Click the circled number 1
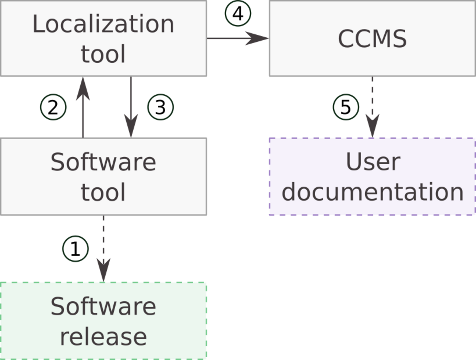(x=75, y=249)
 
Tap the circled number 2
(x=53, y=107)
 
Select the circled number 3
(x=160, y=107)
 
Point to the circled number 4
(x=238, y=14)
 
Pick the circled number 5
(x=346, y=107)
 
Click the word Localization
(x=103, y=24)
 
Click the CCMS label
(x=372, y=39)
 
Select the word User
(x=373, y=162)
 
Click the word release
(x=103, y=337)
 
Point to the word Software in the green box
(x=103, y=306)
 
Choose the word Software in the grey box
(x=103, y=162)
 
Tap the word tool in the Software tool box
(x=103, y=192)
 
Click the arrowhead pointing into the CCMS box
(x=257, y=38)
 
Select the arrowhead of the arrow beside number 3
(x=131, y=126)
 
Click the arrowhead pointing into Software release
(x=104, y=270)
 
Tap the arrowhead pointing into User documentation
(x=373, y=126)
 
